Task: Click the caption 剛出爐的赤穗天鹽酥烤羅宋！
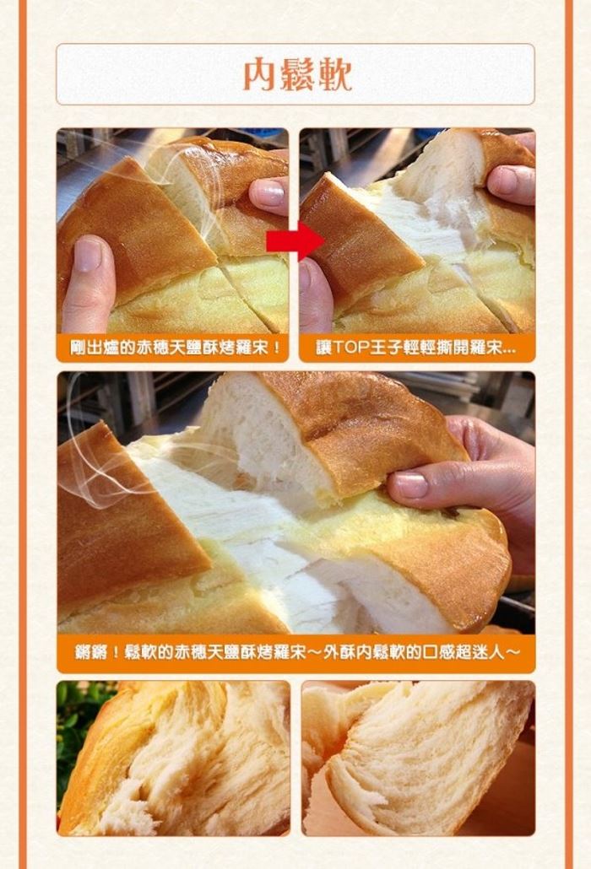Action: [172, 348]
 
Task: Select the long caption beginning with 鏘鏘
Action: [296, 652]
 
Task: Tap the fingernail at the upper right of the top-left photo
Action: [272, 193]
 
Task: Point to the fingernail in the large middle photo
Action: [410, 485]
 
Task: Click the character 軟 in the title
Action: [335, 74]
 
